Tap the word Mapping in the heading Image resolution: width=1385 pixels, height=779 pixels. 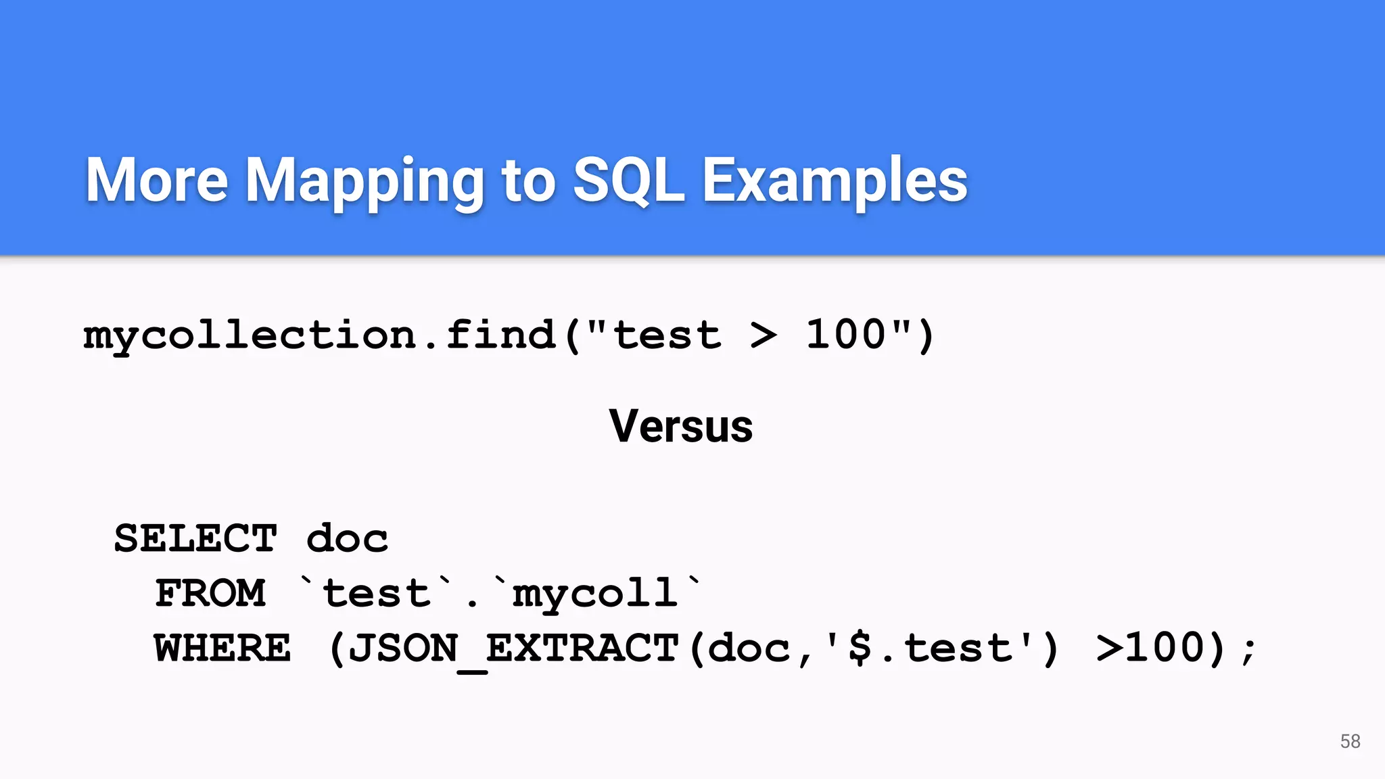(364, 181)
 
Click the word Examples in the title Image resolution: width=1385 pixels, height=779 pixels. (835, 181)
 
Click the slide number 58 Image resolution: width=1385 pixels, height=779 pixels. (1350, 741)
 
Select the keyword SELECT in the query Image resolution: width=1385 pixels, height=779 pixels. (195, 539)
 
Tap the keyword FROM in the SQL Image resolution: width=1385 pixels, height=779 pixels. (210, 594)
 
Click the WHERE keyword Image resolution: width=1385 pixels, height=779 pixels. (222, 648)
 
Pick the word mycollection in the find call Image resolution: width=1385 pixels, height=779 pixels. (250, 335)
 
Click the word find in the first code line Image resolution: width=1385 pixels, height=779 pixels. (500, 335)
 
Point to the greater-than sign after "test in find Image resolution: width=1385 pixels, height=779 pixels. (764, 336)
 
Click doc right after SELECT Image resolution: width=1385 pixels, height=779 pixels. (347, 539)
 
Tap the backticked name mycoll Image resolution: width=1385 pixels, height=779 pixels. (595, 594)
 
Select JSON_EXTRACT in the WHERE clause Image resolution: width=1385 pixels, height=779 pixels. (513, 648)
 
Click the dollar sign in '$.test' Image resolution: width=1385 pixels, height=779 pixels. (860, 648)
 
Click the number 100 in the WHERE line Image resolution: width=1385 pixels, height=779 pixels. (1166, 647)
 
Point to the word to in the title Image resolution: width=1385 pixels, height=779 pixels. (528, 181)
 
